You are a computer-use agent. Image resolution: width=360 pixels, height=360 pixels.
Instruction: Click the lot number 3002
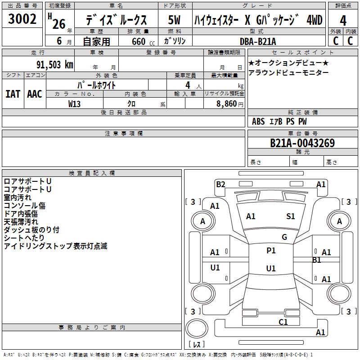pos(22,19)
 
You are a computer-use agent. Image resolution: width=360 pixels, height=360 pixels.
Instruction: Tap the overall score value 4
pos(343,20)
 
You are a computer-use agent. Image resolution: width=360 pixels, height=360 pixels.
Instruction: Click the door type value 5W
pos(174,20)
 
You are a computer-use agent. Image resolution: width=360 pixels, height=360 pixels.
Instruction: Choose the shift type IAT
pos(13,94)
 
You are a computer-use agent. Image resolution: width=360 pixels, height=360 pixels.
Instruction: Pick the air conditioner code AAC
pos(35,94)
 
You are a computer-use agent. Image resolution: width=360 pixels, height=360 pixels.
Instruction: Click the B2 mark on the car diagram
pos(220,184)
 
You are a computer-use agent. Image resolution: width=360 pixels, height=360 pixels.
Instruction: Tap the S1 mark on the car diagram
pos(291,216)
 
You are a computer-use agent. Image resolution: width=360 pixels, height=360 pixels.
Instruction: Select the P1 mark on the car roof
pos(271,251)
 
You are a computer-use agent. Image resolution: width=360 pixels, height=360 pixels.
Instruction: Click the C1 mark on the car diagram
pos(283,322)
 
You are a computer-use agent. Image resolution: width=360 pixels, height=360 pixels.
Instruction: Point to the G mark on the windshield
pos(284,237)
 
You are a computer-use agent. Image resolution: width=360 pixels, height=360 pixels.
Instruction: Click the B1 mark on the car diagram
pos(317,260)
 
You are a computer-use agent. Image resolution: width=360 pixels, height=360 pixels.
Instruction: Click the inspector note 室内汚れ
pos(18,198)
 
